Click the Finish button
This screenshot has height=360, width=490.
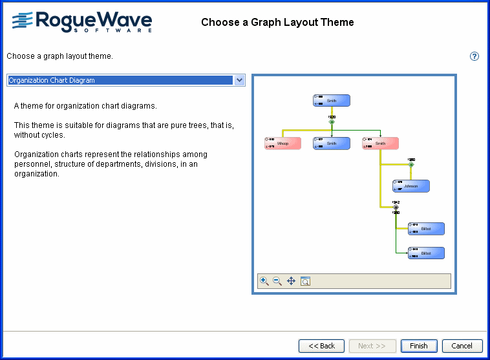(x=419, y=346)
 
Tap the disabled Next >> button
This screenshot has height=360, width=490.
(x=372, y=346)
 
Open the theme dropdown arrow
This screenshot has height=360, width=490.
(x=239, y=80)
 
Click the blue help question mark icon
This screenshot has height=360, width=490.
(x=474, y=56)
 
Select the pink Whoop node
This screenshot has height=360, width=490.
(x=283, y=143)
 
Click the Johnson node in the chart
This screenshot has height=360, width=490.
(x=410, y=186)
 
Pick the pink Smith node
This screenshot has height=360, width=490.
(x=380, y=143)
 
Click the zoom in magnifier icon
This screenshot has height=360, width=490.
(x=264, y=281)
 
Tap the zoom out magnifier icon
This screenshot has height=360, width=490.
(x=277, y=281)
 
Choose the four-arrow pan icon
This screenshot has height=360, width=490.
(x=291, y=281)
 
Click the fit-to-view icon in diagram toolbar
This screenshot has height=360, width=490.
(x=306, y=281)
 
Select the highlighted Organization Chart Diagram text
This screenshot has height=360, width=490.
(x=52, y=80)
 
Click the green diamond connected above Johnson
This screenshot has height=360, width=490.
(x=411, y=165)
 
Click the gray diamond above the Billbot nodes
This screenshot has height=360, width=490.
(x=396, y=207)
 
